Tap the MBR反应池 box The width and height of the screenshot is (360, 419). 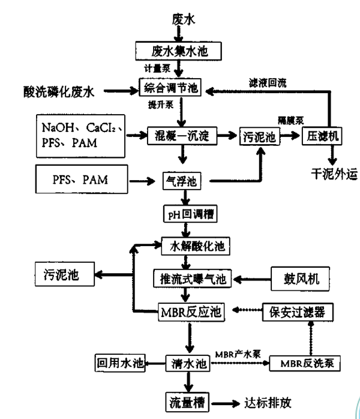click(188, 312)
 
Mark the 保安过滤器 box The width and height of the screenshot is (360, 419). click(298, 312)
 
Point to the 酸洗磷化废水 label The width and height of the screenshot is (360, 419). click(54, 91)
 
